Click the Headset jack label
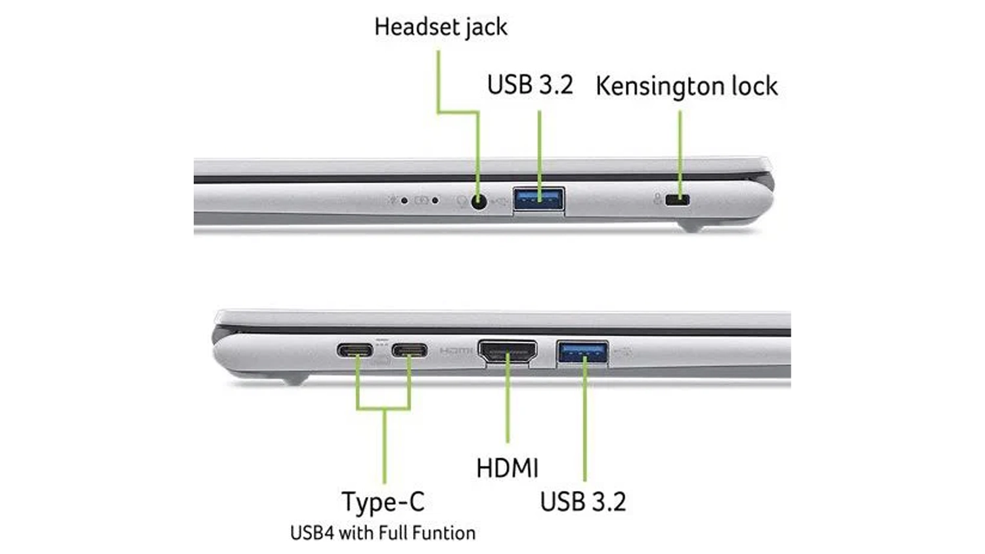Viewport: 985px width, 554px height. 441,28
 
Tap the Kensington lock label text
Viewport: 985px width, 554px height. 686,86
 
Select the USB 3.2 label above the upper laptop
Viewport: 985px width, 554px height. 531,85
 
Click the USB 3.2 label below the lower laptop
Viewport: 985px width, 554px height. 583,501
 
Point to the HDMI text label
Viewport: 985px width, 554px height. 508,468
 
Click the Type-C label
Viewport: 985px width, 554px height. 383,501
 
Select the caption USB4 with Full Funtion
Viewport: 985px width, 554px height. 383,533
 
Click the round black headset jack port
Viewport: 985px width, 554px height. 479,202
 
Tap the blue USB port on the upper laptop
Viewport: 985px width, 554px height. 538,199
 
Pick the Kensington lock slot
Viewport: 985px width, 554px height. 677,200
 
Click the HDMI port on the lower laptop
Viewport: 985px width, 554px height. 508,352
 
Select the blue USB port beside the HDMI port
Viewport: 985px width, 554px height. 583,352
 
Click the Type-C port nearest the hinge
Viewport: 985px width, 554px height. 355,351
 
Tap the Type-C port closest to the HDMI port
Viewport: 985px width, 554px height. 409,351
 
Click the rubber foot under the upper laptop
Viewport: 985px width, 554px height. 691,226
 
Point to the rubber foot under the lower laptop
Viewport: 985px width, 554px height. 294,379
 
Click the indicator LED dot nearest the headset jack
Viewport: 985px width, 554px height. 435,200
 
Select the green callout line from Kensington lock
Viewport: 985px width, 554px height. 680,154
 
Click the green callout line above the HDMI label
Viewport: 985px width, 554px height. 508,397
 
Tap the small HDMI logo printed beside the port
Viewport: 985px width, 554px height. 456,351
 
